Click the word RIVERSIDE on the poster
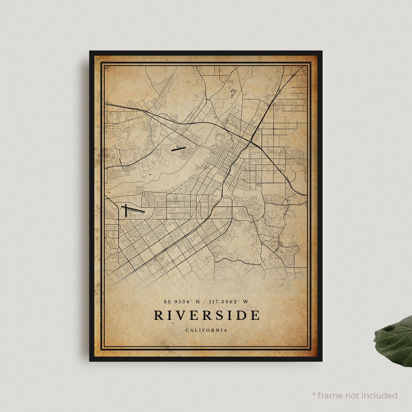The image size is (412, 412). (x=206, y=315)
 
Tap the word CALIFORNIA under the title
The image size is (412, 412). (x=206, y=330)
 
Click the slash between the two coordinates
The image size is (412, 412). (x=204, y=302)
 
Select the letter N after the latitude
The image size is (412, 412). (x=198, y=302)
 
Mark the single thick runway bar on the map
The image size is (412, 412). (x=178, y=149)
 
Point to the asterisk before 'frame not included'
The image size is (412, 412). (x=314, y=394)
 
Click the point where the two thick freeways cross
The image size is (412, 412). (x=249, y=143)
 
